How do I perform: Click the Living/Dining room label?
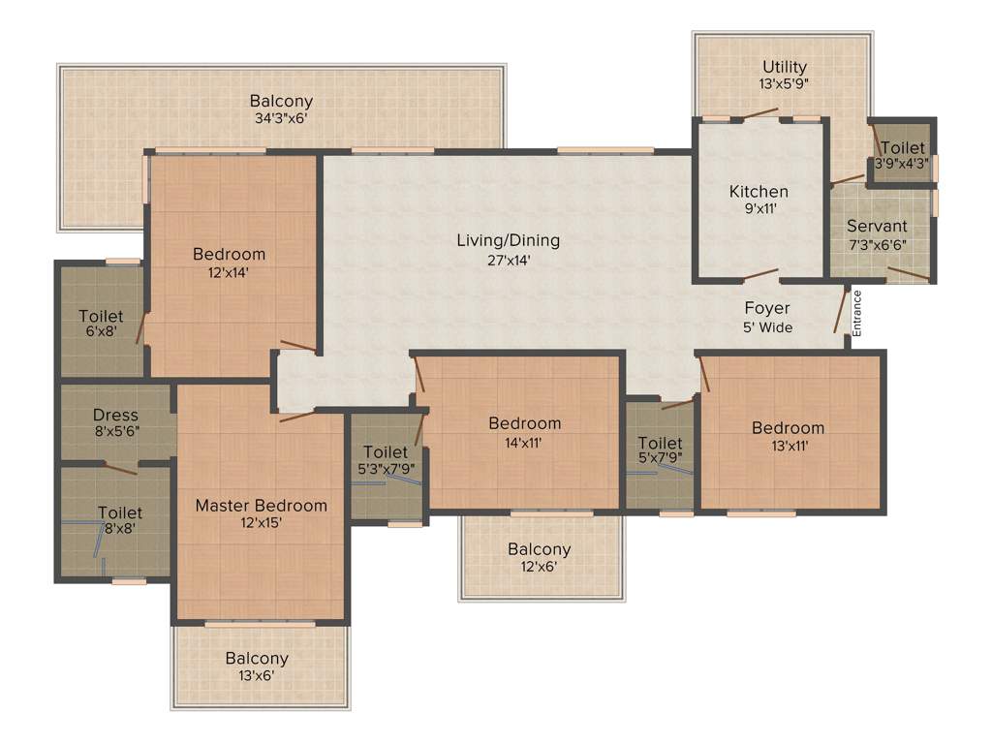pyautogui.click(x=508, y=240)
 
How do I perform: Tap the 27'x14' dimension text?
pyautogui.click(x=508, y=260)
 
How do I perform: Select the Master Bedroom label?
pyautogui.click(x=261, y=505)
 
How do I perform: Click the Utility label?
pyautogui.click(x=784, y=67)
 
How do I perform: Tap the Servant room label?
pyautogui.click(x=876, y=227)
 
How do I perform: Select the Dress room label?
pyautogui.click(x=115, y=416)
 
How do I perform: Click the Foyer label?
pyautogui.click(x=767, y=308)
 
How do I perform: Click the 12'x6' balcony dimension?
pyautogui.click(x=539, y=568)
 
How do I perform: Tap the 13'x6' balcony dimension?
pyautogui.click(x=257, y=676)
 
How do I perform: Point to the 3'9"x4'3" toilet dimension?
pyautogui.click(x=902, y=164)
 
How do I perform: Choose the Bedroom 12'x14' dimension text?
pyautogui.click(x=229, y=273)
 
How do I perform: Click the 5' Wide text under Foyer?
pyautogui.click(x=767, y=327)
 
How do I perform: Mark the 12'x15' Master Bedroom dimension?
pyautogui.click(x=261, y=523)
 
